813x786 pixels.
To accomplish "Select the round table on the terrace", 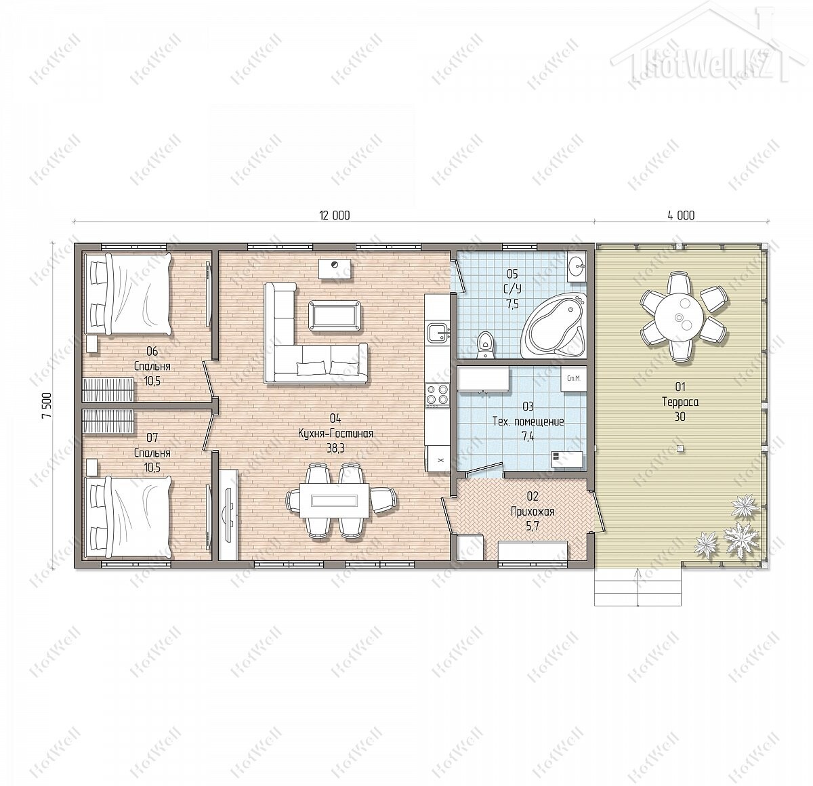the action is click(679, 318).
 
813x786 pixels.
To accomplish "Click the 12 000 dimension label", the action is click(334, 215).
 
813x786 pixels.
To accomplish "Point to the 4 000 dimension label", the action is click(681, 215).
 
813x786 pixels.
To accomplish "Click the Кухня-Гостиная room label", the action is click(335, 434).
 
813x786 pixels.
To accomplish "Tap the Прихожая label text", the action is click(533, 512).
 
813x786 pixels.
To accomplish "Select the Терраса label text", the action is click(680, 402).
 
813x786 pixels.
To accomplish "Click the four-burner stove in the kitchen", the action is click(437, 395).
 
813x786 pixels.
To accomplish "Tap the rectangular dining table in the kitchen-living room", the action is click(335, 500).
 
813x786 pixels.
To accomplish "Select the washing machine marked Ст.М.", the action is click(573, 379).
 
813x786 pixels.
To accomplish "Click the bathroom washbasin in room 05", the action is click(577, 266).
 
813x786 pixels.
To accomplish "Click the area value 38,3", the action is click(336, 448).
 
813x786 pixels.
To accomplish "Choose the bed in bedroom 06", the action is click(127, 294).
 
